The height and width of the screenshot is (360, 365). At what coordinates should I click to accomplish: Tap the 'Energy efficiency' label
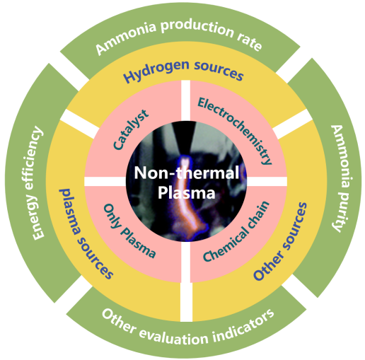[35, 183]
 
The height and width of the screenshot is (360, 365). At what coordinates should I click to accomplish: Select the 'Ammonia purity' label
[340, 178]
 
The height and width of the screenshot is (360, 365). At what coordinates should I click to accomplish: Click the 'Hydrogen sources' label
[182, 71]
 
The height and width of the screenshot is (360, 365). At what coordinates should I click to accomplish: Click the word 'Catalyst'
[131, 129]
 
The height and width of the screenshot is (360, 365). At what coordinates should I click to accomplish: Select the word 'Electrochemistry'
[235, 130]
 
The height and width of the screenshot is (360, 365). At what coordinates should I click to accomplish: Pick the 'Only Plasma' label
[129, 231]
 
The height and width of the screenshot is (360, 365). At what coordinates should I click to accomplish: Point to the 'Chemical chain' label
[236, 231]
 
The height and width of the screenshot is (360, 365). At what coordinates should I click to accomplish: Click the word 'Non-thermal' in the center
[187, 173]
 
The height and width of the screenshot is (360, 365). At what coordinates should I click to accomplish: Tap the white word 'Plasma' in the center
[186, 192]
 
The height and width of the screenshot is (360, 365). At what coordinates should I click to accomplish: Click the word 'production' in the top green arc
[197, 28]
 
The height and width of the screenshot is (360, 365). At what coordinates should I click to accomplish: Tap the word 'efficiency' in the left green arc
[34, 158]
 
